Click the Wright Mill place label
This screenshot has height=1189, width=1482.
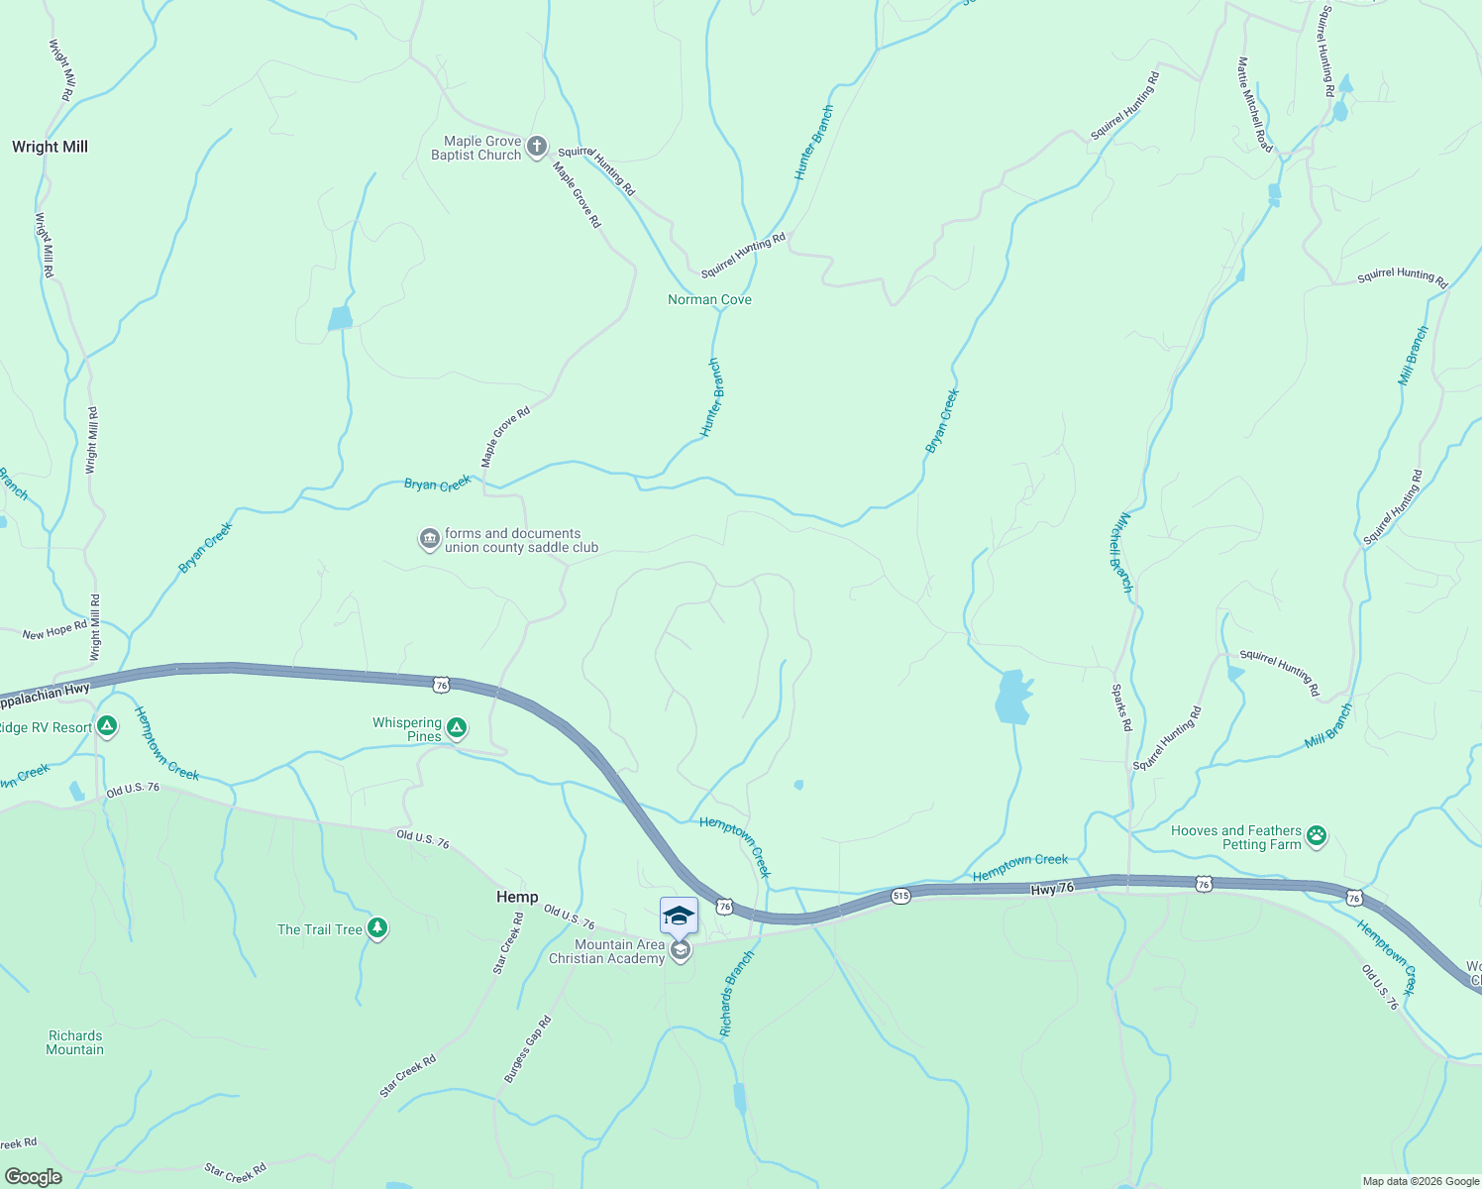point(50,147)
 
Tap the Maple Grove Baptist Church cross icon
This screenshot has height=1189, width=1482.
point(536,148)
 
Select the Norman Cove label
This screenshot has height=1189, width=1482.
point(709,299)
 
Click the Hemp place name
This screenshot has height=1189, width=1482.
point(517,897)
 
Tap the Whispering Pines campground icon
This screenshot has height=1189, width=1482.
point(457,729)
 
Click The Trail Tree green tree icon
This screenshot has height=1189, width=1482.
point(376,928)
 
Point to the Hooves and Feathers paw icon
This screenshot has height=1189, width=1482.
point(1317,837)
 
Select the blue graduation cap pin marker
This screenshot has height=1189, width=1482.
point(679,916)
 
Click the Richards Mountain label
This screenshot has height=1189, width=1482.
point(75,1042)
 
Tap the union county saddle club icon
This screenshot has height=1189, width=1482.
point(429,540)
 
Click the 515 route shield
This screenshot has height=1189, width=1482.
point(900,896)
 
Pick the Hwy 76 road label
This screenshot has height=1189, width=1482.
point(1052,889)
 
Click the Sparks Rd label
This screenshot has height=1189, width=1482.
point(1121,707)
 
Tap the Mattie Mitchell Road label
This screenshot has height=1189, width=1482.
point(1254,104)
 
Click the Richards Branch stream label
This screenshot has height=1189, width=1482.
point(737,994)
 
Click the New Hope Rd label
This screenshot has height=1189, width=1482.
point(54,631)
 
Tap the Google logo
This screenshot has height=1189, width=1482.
point(34,1177)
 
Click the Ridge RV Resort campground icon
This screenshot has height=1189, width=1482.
point(107,727)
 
